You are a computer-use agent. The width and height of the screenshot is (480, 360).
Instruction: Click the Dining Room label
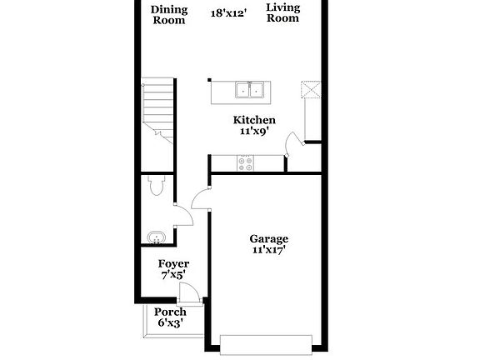pyautogui.click(x=168, y=15)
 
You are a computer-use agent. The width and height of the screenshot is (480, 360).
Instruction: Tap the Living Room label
pyautogui.click(x=282, y=12)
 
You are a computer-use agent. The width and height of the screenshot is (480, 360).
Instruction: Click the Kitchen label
pyautogui.click(x=253, y=120)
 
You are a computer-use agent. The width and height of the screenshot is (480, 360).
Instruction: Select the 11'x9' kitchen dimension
pyautogui.click(x=253, y=132)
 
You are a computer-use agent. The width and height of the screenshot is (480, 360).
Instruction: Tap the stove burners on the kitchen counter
pyautogui.click(x=247, y=163)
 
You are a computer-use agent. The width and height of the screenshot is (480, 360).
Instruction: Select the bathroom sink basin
pyautogui.click(x=155, y=239)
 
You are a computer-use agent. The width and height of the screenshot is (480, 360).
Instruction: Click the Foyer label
pyautogui.click(x=174, y=264)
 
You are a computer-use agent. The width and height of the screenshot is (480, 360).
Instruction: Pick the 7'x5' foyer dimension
pyautogui.click(x=174, y=276)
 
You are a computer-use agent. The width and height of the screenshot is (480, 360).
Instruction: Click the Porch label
pyautogui.click(x=170, y=312)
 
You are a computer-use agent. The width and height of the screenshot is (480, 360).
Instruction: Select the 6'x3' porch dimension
pyautogui.click(x=170, y=323)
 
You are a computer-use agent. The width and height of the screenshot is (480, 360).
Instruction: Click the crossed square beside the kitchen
pyautogui.click(x=311, y=90)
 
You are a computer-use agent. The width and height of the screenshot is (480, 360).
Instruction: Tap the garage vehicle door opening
pyautogui.click(x=267, y=342)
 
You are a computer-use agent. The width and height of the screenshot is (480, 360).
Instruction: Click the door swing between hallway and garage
pyautogui.click(x=201, y=199)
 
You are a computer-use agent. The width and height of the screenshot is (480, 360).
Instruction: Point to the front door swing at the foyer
pyautogui.click(x=190, y=292)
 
